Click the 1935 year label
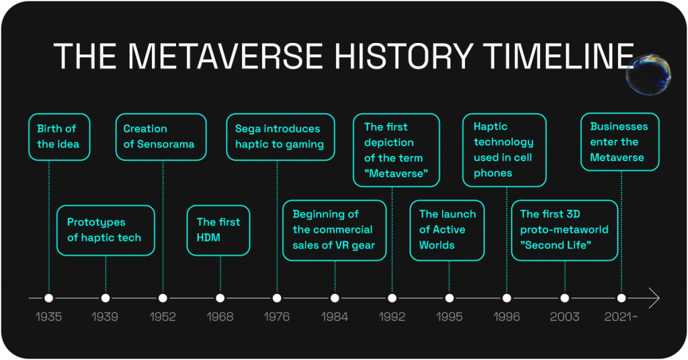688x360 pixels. tap(48, 316)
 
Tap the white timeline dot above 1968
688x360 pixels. tap(220, 298)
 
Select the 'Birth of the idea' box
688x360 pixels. tap(59, 137)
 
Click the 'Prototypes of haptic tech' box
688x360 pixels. tap(105, 230)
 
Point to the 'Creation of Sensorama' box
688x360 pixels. tap(161, 137)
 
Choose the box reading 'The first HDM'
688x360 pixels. tap(218, 230)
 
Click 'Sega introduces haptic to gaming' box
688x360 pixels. tap(280, 137)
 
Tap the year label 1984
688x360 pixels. tap(335, 316)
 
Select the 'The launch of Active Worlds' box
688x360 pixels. tap(447, 230)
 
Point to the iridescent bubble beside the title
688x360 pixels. tap(648, 74)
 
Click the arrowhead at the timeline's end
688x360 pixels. tap(654, 298)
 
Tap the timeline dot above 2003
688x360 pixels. tap(564, 298)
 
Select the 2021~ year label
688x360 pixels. tap(621, 316)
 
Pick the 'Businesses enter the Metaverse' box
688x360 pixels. tap(620, 142)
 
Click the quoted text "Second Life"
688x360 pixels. tap(556, 245)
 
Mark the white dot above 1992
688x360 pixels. tap(392, 298)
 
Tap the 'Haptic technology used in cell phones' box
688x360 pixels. tap(505, 150)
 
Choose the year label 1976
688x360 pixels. tap(277, 316)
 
